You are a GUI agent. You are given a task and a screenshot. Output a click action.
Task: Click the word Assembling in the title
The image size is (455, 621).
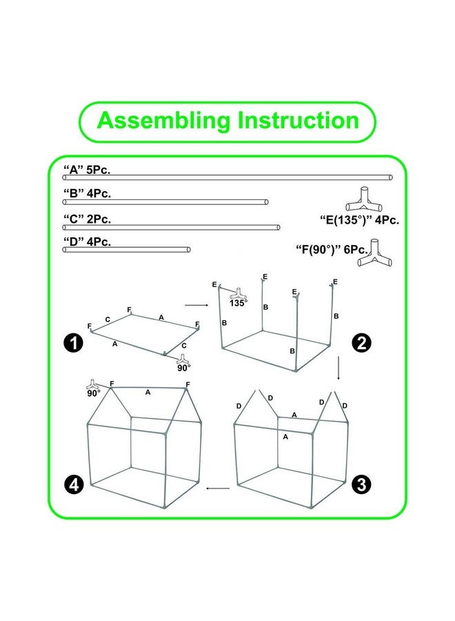164,121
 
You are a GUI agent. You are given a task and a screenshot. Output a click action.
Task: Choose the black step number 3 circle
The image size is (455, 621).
360,484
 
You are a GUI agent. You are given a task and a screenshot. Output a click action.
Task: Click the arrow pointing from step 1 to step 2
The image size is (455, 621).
196,304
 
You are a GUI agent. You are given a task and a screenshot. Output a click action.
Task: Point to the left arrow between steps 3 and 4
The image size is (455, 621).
219,489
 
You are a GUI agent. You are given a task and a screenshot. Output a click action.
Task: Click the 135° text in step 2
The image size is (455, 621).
239,302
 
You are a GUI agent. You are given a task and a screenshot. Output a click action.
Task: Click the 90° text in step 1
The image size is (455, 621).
183,368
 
